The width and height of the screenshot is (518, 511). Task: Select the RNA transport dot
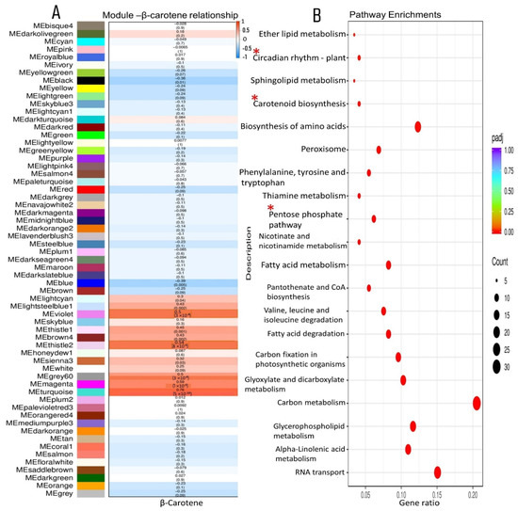437,472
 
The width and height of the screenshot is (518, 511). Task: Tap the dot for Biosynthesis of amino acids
417,127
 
